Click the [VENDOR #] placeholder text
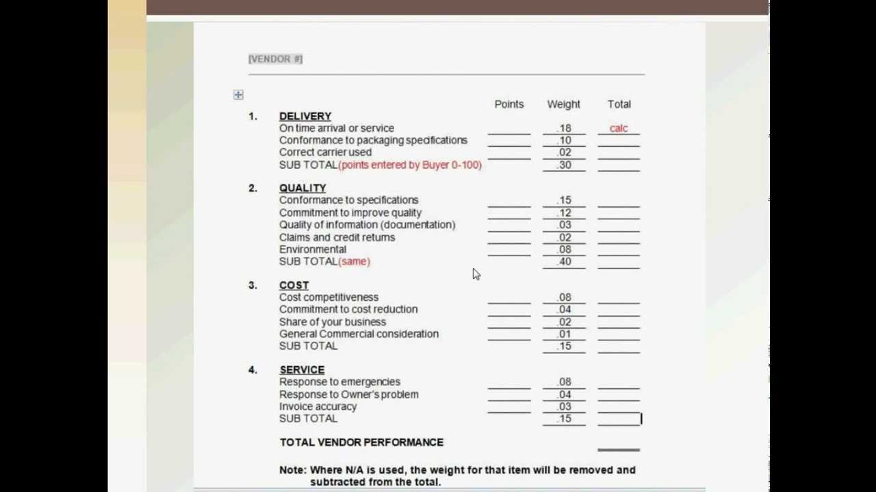tap(275, 59)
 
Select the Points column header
tap(508, 104)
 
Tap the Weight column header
tap(563, 104)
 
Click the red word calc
tap(618, 128)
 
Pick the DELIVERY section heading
tap(305, 116)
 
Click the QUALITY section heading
tap(302, 188)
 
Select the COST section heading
tap(294, 285)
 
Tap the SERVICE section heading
tap(301, 370)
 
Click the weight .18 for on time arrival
tap(564, 128)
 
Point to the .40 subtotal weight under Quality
tap(564, 262)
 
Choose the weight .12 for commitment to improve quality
tap(564, 213)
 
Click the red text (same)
tap(354, 261)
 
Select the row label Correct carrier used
tap(325, 152)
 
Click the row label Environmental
tap(312, 249)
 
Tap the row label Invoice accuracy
tap(318, 407)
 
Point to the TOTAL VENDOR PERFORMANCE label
tap(361, 442)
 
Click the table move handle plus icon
tap(238, 94)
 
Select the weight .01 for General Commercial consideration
tap(564, 334)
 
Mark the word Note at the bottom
tap(292, 470)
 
